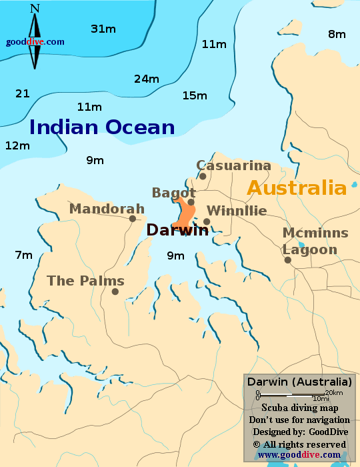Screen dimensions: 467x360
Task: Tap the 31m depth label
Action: pos(103,29)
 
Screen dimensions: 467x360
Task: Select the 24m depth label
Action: pos(147,79)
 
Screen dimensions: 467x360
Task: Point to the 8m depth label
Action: pos(337,34)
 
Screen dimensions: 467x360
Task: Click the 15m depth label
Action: pos(195,95)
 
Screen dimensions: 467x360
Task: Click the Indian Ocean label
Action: pos(102,127)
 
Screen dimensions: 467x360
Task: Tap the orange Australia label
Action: pos(297,187)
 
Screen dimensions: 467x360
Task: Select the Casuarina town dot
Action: pos(203,176)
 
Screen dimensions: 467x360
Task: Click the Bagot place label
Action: pos(173,193)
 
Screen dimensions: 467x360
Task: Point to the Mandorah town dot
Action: pos(133,218)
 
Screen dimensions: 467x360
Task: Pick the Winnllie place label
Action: pos(237,211)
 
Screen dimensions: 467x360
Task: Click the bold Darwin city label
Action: pos(177,230)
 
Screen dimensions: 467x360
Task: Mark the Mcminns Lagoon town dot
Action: pos(288,260)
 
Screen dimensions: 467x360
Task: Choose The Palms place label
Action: pos(85,281)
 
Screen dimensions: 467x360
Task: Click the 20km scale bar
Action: pos(292,394)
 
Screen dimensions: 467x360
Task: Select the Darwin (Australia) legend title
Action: pos(299,382)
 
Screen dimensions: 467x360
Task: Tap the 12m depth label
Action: pos(18,145)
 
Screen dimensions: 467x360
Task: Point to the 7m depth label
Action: pos(23,255)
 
